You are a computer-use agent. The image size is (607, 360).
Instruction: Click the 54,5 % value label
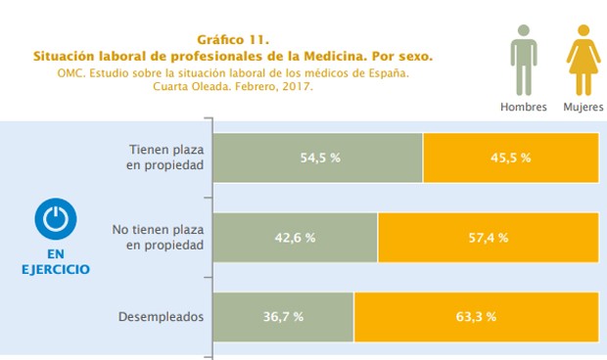tap(318, 157)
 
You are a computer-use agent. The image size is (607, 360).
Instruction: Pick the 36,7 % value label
tap(284, 317)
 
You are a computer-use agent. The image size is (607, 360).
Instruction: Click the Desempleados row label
tap(161, 317)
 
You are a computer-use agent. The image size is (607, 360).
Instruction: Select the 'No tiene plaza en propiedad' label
tap(158, 238)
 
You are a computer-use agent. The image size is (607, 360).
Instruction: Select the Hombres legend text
tap(524, 107)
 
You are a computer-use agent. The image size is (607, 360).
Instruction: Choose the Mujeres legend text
tap(583, 107)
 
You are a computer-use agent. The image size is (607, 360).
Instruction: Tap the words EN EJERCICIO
tap(56, 260)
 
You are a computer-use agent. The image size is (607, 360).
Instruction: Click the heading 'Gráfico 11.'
tap(233, 40)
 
